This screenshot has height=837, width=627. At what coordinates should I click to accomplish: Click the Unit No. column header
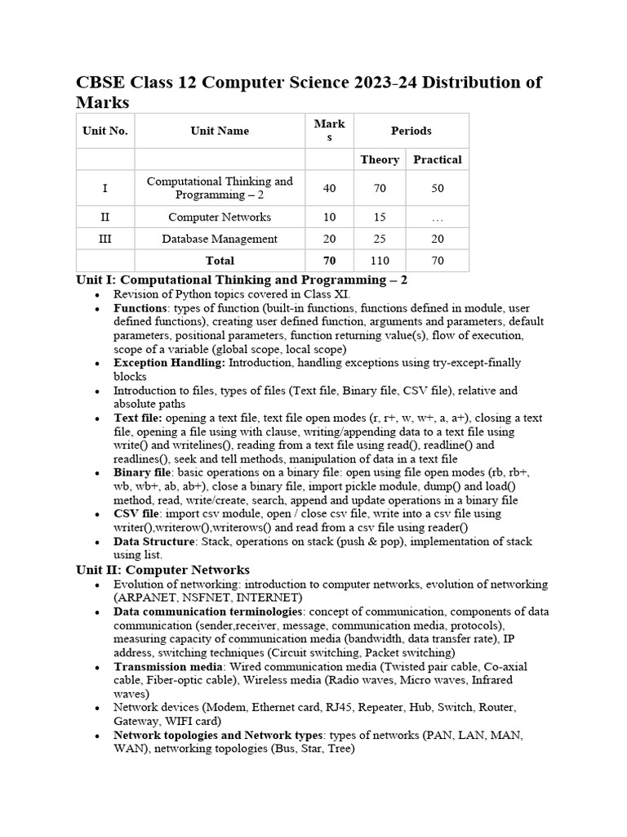coord(105,131)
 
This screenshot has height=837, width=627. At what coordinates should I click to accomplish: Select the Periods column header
coord(411,131)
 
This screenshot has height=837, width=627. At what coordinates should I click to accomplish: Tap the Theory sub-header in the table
coord(380,159)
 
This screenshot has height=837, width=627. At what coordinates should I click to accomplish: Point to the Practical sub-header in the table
coord(438,159)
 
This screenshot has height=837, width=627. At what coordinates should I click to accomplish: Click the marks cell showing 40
coord(329,188)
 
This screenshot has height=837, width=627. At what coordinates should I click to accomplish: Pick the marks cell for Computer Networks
coord(329,217)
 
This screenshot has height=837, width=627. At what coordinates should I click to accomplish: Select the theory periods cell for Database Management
coord(380,239)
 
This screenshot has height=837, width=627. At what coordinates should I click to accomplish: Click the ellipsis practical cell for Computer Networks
coord(438,217)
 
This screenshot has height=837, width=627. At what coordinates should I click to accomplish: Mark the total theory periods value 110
coord(380,261)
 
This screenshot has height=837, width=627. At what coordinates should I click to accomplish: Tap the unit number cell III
coord(105,239)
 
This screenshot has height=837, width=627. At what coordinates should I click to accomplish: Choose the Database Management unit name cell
coord(220,239)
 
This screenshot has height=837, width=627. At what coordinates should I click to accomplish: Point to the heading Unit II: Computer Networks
coord(162,570)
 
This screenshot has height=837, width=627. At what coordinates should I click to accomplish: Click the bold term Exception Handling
coord(169,362)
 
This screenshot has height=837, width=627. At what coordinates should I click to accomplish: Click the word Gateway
coord(136,721)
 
